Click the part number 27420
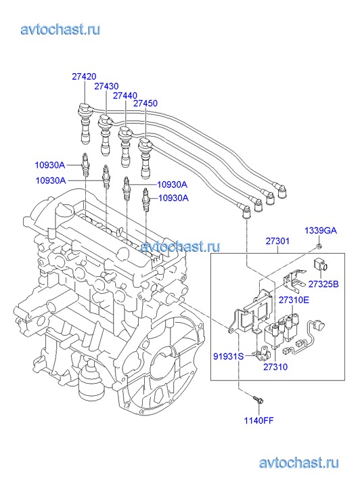pos(84,76)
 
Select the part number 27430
pos(106,87)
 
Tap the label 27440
pos(125,95)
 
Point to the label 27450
pos(145,104)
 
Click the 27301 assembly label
pos(277,242)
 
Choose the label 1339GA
pos(321,231)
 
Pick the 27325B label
pos(323,284)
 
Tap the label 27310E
pos(294,300)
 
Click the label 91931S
pos(229,357)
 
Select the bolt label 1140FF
pos(259,420)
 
